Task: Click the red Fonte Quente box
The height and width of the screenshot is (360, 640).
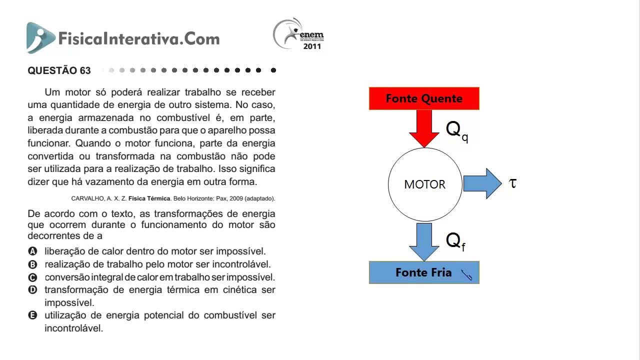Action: click(x=424, y=98)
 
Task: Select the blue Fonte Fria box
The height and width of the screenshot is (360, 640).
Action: click(x=424, y=272)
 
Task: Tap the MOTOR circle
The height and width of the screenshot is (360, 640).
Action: click(x=425, y=184)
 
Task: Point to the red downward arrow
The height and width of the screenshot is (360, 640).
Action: click(x=424, y=128)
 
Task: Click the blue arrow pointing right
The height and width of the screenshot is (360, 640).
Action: click(x=482, y=183)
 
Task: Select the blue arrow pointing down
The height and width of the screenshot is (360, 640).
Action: click(x=424, y=242)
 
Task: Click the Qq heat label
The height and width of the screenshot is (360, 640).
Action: click(x=457, y=131)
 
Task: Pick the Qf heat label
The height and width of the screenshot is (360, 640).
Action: click(x=455, y=241)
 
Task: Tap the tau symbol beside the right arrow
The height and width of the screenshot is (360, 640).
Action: click(x=513, y=183)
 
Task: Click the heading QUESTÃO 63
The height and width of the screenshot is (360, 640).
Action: click(x=59, y=70)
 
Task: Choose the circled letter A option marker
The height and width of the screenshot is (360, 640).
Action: click(x=32, y=251)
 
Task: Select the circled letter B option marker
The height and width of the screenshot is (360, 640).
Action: click(x=32, y=264)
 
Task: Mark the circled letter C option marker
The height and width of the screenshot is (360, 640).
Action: click(x=32, y=277)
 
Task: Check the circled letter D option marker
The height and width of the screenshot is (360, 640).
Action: click(x=32, y=289)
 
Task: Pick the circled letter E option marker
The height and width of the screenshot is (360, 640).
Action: click(x=32, y=315)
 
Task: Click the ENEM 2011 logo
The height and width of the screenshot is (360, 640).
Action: click(x=298, y=34)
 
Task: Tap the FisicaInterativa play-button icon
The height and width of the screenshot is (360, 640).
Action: click(x=40, y=37)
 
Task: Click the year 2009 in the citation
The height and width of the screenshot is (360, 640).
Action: click(x=236, y=198)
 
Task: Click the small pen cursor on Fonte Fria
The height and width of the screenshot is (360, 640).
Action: click(x=466, y=275)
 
